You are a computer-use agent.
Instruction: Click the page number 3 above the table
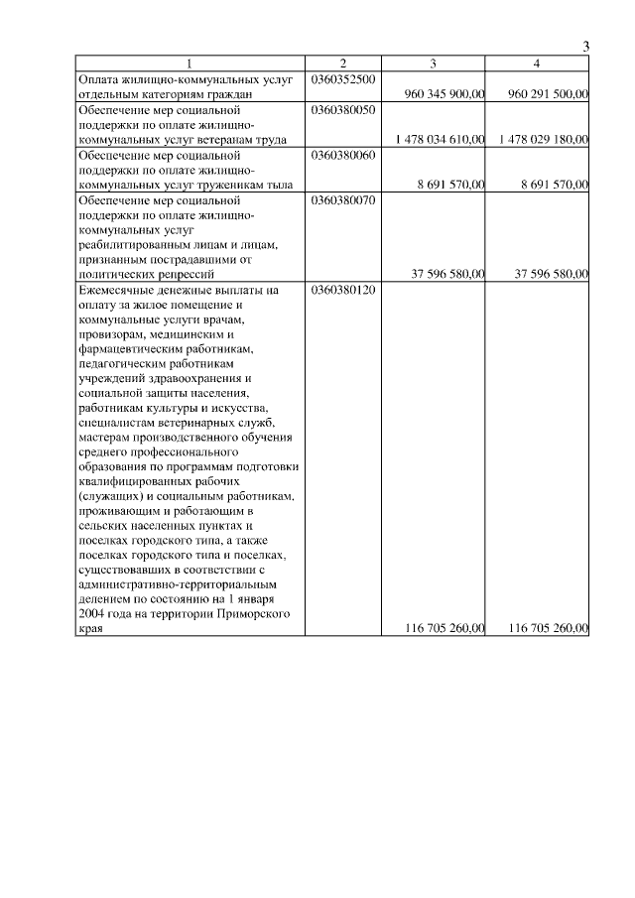coord(585,47)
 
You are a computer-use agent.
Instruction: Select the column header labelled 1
coord(190,64)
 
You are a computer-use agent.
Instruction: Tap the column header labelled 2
coord(342,64)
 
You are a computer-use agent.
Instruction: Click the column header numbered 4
coord(537,64)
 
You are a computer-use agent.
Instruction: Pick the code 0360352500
coord(342,78)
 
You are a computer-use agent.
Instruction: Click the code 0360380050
coord(342,109)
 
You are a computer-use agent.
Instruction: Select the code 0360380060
coord(342,156)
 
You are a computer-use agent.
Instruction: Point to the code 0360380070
coord(342,200)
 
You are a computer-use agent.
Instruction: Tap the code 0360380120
coord(342,291)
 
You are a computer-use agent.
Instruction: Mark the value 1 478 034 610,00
coord(439,140)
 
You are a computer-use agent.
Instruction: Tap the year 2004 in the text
coord(92,614)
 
